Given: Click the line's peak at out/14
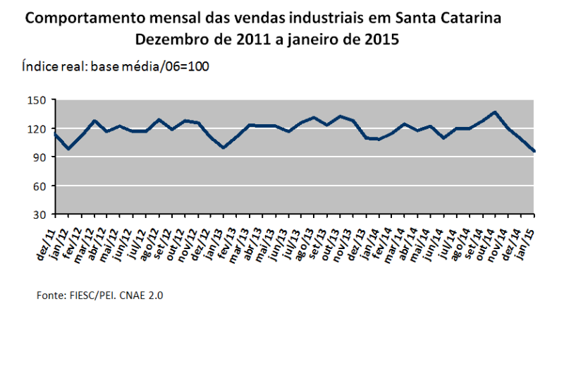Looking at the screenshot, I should tap(495, 112).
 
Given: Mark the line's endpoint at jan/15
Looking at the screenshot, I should tap(534, 151).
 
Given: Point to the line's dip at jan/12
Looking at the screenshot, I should tap(68, 149).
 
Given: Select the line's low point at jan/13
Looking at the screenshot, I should tap(223, 147).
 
